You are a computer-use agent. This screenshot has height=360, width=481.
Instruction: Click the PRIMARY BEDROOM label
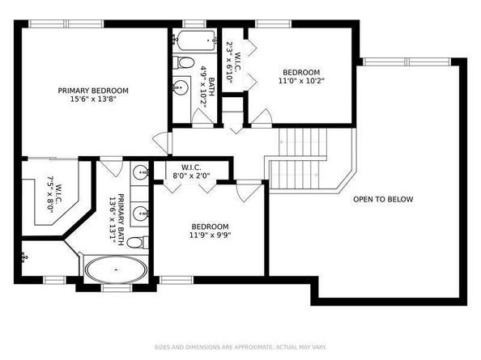[89, 91]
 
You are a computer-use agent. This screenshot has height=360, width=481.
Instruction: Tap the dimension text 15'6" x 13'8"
[89, 101]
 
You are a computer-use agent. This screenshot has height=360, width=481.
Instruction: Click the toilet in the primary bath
[135, 242]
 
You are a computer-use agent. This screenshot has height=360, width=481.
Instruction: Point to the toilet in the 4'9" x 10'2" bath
[185, 62]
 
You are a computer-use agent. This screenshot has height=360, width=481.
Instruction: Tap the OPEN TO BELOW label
[383, 199]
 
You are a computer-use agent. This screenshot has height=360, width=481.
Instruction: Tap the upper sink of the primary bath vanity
[139, 172]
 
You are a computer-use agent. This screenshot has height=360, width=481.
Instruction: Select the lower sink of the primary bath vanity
[139, 214]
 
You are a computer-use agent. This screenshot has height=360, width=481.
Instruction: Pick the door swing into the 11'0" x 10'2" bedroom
[261, 118]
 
